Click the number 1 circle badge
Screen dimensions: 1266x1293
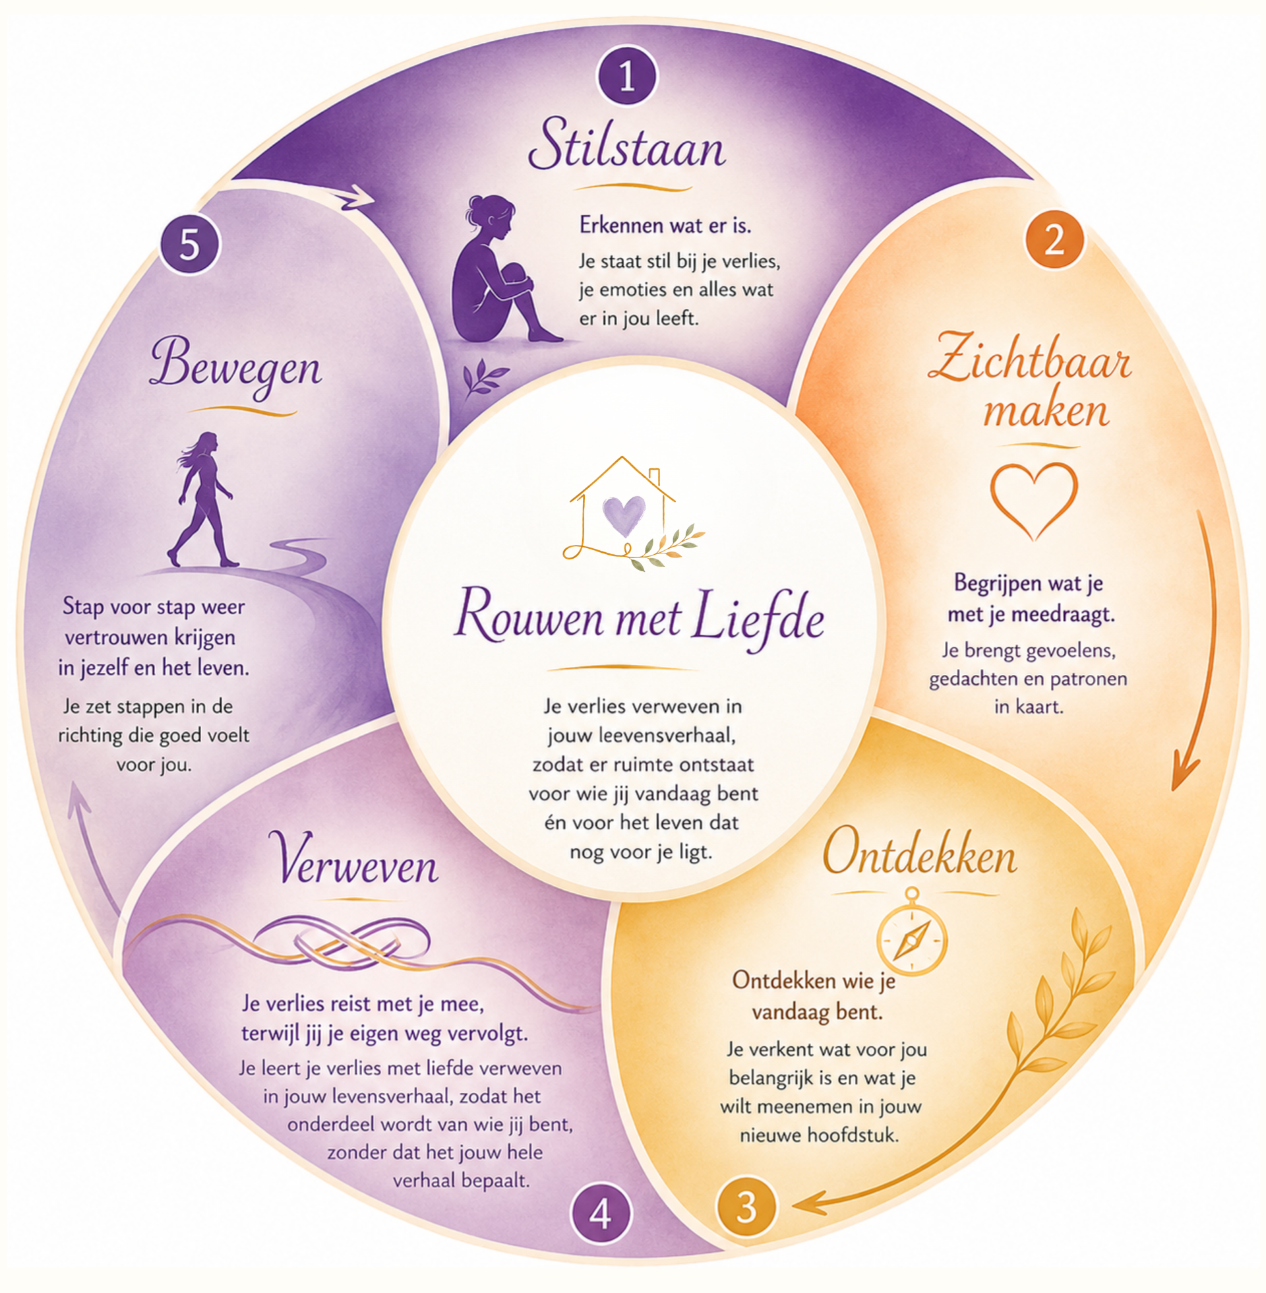pyautogui.click(x=627, y=76)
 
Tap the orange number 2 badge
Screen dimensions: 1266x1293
pyautogui.click(x=1054, y=239)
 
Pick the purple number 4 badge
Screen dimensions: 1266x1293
pyautogui.click(x=601, y=1214)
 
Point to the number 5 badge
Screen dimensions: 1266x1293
pyautogui.click(x=189, y=244)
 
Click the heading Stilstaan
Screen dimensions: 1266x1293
pyautogui.click(x=627, y=144)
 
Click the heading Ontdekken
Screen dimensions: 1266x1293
pyautogui.click(x=920, y=853)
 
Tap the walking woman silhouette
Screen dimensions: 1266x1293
pyautogui.click(x=203, y=499)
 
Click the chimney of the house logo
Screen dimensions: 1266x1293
pyautogui.click(x=654, y=478)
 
